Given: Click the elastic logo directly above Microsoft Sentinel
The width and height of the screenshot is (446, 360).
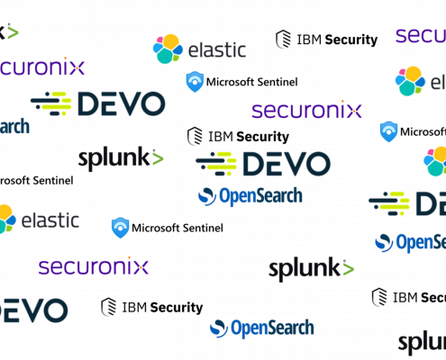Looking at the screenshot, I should click(x=198, y=49).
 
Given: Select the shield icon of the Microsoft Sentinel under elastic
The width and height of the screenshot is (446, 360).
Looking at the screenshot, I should click(x=196, y=82).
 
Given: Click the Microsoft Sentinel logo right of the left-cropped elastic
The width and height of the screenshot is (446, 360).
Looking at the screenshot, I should click(x=167, y=228).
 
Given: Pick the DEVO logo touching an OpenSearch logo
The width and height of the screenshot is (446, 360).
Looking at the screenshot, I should click(x=263, y=164).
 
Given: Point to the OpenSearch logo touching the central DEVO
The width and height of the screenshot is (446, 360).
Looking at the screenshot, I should click(x=250, y=196).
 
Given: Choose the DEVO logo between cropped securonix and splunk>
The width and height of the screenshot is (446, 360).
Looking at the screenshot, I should click(x=97, y=103).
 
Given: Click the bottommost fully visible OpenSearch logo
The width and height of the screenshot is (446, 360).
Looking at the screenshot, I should click(x=261, y=328).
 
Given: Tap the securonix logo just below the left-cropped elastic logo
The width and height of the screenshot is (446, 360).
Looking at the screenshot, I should click(x=94, y=265).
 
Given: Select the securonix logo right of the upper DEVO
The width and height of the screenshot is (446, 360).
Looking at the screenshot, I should click(x=307, y=110).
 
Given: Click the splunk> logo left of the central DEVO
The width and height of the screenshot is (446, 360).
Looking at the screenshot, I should click(x=121, y=159).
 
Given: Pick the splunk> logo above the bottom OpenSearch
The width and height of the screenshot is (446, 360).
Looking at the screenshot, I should click(x=311, y=268).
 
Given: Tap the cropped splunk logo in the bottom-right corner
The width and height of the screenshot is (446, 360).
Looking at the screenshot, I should click(x=421, y=343).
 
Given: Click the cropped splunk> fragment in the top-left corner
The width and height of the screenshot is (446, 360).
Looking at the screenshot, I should click(x=10, y=32).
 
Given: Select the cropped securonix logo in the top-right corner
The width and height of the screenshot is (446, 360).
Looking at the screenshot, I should click(x=420, y=34).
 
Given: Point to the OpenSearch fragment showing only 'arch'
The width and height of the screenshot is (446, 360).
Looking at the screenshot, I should click(x=15, y=128).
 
